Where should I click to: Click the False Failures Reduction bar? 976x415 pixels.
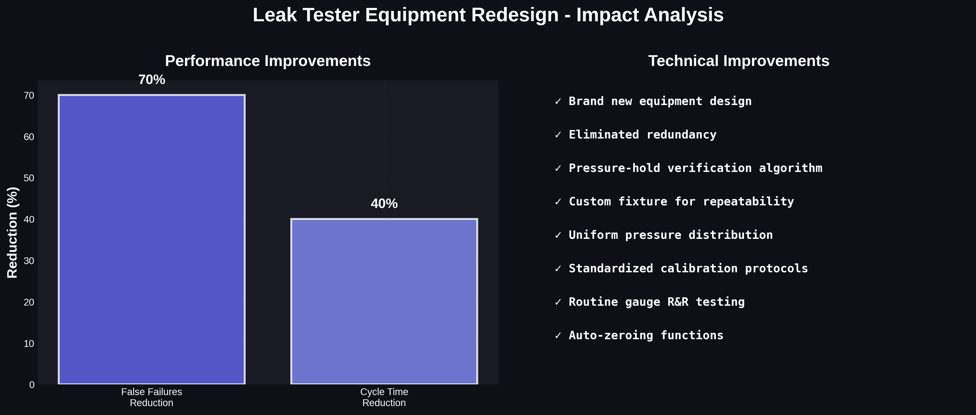tap(152, 239)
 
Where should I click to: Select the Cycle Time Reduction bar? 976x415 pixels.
tap(384, 301)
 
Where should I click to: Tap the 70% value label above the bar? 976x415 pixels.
tap(152, 80)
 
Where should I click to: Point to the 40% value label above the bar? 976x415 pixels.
tap(384, 204)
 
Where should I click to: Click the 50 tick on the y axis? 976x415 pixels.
tap(29, 178)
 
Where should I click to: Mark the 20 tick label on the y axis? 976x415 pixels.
tap(29, 302)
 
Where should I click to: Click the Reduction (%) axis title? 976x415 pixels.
tap(12, 232)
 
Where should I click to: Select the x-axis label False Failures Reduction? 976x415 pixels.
tap(152, 397)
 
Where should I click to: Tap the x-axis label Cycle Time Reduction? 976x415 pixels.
tap(384, 397)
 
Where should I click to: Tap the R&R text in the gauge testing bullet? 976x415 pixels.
tap(678, 302)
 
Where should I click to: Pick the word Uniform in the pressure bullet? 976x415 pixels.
tap(593, 235)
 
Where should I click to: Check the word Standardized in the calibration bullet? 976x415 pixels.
tap(611, 268)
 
